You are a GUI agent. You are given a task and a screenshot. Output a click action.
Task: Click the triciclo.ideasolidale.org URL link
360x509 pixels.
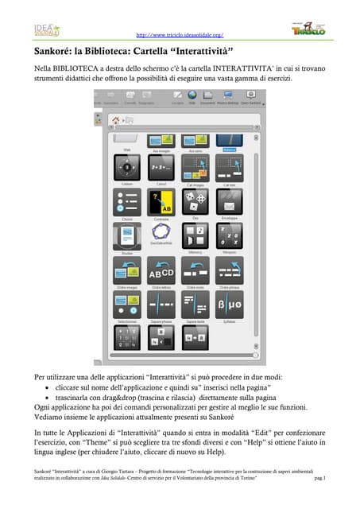[x=180, y=35]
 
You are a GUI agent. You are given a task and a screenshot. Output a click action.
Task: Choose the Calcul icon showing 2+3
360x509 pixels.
[x=161, y=169]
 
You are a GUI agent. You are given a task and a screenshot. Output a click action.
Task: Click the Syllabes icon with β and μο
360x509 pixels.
[x=229, y=303]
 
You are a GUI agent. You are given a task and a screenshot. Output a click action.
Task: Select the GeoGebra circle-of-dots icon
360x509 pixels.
[x=161, y=235]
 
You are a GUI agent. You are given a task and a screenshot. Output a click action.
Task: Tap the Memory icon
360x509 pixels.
[x=195, y=235]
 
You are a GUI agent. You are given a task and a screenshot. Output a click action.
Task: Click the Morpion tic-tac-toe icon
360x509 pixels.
[x=229, y=235]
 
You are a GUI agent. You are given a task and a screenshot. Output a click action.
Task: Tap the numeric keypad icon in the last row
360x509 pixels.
[x=126, y=337]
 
